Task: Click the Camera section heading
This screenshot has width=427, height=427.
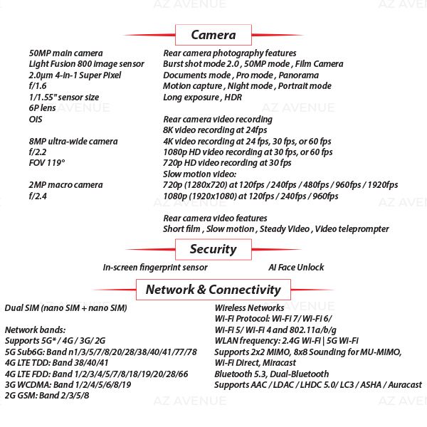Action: tap(213, 35)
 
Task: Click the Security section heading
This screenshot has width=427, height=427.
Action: tap(213, 249)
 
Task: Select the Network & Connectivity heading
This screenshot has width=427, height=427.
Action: tap(213, 290)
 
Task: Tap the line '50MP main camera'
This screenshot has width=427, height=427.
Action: tap(65, 53)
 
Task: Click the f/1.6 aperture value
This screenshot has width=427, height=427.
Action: tap(38, 86)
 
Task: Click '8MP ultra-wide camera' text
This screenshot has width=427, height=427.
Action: tap(73, 142)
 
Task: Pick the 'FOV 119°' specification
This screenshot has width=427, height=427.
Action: tap(47, 163)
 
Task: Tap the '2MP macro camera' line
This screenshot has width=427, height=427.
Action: tap(65, 185)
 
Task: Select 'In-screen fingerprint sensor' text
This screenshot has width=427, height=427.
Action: tap(155, 268)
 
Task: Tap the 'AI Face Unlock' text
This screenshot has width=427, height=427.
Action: tap(296, 268)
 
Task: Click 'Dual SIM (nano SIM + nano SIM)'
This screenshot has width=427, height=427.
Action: tap(65, 308)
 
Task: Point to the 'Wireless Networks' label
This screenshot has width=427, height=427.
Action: tap(249, 308)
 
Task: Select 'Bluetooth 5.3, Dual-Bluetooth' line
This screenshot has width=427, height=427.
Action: tap(271, 374)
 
